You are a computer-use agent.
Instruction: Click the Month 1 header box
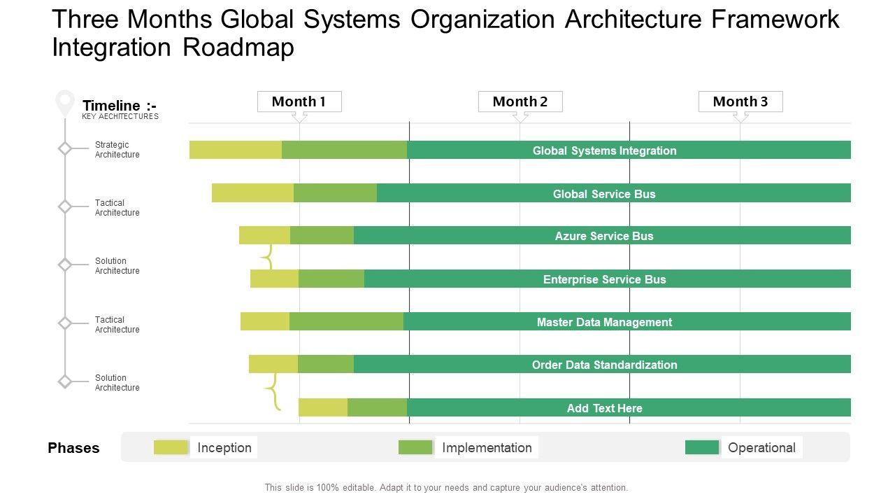[299, 101]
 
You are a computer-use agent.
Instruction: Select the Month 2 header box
[520, 101]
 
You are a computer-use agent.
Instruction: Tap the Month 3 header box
[740, 101]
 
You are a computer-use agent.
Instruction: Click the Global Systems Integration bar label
[604, 150]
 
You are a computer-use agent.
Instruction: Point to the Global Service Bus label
[604, 194]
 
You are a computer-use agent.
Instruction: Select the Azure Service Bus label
[604, 236]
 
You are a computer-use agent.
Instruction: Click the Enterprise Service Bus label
[604, 279]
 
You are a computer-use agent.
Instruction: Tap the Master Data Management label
[604, 322]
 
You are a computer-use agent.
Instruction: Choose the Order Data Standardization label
[604, 365]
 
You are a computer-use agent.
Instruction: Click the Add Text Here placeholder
[604, 408]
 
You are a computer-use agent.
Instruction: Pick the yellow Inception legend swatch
[171, 447]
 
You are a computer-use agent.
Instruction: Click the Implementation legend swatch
[415, 447]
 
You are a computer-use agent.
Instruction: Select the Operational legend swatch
[702, 447]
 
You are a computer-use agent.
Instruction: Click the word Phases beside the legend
[73, 448]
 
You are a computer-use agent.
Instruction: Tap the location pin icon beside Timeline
[65, 102]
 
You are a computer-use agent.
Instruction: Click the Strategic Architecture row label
[117, 150]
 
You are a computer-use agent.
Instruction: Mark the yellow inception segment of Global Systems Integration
[235, 150]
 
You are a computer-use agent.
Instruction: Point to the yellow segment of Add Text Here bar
[323, 407]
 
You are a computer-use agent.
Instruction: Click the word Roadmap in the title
[238, 48]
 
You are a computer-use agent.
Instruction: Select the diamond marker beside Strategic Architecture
[65, 148]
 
